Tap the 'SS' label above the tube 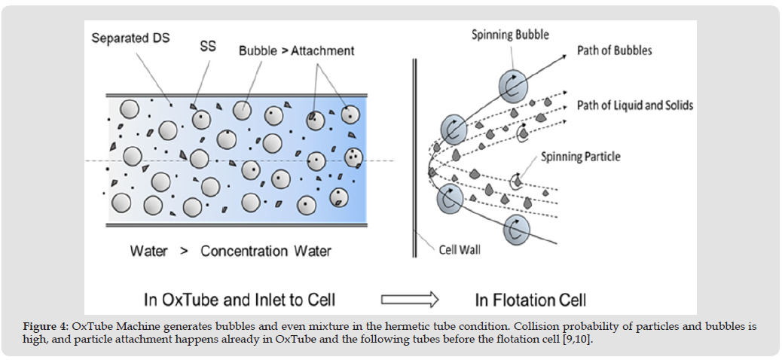point(208,46)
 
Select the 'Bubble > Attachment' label point(296,51)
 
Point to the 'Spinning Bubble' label point(510,35)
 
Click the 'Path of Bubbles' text point(614,50)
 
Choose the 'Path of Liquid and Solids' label point(634,105)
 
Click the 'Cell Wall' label point(461,249)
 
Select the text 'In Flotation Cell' point(530,300)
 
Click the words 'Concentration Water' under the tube point(265,251)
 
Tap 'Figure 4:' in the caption point(45,326)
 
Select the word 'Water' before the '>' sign point(148,251)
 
